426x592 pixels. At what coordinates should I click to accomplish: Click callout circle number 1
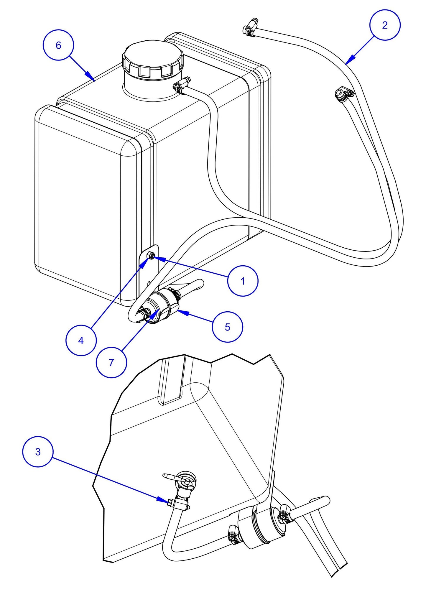click(x=243, y=281)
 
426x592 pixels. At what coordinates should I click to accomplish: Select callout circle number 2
click(x=385, y=25)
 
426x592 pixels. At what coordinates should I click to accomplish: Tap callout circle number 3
click(x=38, y=452)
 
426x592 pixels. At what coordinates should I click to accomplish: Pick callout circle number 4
click(x=81, y=341)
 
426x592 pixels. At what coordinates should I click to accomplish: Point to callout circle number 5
click(x=227, y=327)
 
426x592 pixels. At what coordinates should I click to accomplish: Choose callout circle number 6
click(x=58, y=45)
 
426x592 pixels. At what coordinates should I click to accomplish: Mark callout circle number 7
click(x=111, y=363)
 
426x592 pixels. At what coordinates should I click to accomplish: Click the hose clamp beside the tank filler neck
click(x=180, y=85)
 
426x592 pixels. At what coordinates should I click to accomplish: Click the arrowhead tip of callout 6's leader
click(x=94, y=80)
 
